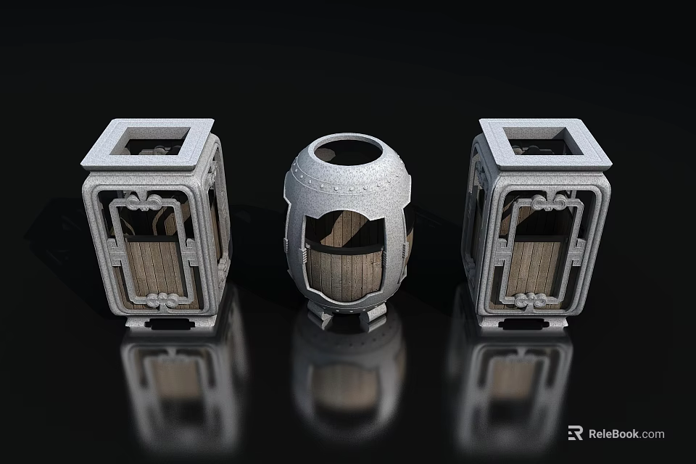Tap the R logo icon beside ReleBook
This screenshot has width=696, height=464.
tap(575, 433)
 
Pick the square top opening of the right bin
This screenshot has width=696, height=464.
tap(546, 141)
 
